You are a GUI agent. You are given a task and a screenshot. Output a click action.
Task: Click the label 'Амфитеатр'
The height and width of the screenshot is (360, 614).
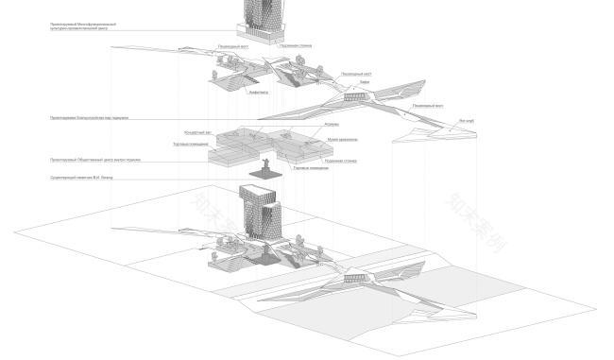tap(258, 93)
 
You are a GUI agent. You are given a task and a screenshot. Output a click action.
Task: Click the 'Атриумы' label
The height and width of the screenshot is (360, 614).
tap(332, 124)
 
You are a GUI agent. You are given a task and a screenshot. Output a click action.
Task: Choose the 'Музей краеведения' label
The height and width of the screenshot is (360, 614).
tap(342, 139)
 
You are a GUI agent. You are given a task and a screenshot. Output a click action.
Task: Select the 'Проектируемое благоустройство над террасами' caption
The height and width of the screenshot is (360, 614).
tap(90, 118)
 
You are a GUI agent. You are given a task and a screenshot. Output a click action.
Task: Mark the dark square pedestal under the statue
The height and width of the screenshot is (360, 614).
tap(267, 177)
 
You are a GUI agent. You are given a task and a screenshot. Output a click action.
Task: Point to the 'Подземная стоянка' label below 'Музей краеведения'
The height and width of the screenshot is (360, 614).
tap(339, 161)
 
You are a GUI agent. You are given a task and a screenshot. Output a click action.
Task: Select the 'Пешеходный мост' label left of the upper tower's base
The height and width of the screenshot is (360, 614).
tap(233, 44)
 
